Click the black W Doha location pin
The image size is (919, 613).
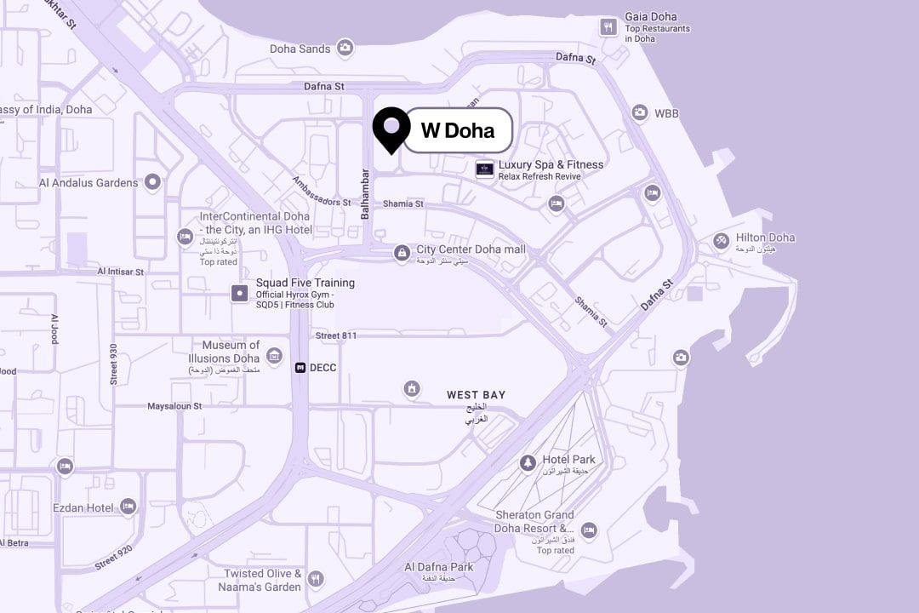click(391, 129)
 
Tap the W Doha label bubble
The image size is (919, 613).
click(458, 130)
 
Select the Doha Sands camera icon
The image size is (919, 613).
click(345, 49)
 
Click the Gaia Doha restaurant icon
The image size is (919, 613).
click(608, 26)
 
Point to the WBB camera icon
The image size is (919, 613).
click(640, 112)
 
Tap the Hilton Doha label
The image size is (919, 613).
click(764, 238)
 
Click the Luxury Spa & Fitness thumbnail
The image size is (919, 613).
click(485, 169)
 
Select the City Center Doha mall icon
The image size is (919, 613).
click(402, 252)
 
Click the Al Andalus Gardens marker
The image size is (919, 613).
click(153, 181)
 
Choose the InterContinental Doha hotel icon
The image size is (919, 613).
click(185, 236)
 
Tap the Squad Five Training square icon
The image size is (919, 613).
click(240, 294)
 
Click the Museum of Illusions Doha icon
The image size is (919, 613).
click(274, 355)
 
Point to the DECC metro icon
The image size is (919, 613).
click(300, 368)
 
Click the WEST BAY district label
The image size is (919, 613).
click(476, 395)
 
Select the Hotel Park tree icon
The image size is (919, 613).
click(528, 463)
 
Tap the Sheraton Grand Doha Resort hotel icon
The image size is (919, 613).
click(589, 530)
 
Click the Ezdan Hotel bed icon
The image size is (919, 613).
click(128, 507)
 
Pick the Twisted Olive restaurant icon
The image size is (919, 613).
click(316, 580)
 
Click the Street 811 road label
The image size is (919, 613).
click(336, 336)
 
